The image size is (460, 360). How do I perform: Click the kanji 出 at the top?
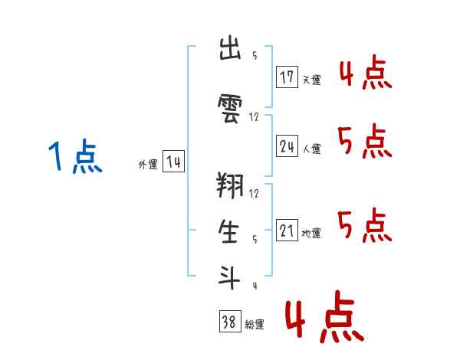pos(230,48)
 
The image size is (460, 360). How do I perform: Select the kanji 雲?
pos(230,109)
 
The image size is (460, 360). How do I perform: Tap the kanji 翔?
pos(230,185)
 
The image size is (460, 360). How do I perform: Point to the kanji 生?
pos(228,231)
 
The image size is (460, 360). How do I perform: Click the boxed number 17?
pos(287,77)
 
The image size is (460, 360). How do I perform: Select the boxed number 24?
pos(287,146)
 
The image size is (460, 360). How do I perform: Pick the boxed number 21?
pos(287,230)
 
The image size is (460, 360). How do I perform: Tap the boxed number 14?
pos(173,162)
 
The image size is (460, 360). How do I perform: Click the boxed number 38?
pos(230,321)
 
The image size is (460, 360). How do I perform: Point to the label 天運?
pos(312,80)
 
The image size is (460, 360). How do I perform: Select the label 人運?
pos(312,149)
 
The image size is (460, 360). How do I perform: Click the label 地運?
pos(311,234)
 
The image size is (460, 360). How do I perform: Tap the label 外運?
pos(148,165)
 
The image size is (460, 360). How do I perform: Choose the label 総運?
pos(255,325)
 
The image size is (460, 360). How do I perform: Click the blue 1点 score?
pos(75,156)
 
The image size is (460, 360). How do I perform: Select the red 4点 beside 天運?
pos(366,72)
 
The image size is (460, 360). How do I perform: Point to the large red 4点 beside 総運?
pos(325,316)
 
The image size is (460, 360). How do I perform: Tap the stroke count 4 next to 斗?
pos(255,286)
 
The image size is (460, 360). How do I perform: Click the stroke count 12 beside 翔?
pos(254,193)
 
